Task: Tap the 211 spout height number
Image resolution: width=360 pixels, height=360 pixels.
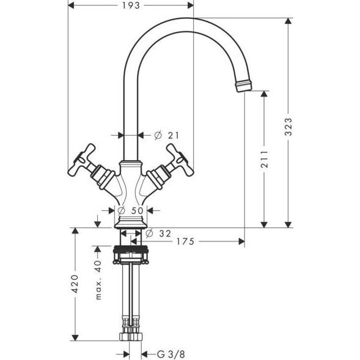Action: [x=264, y=160]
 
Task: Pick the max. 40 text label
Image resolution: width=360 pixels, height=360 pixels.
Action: [x=98, y=279]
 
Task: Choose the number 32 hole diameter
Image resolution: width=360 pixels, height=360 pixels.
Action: [x=164, y=232]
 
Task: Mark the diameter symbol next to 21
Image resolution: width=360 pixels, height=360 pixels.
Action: [x=156, y=134]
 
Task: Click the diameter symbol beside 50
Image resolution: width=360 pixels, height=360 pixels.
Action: [x=121, y=211]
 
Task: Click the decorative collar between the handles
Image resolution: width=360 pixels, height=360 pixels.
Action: [x=131, y=166]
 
